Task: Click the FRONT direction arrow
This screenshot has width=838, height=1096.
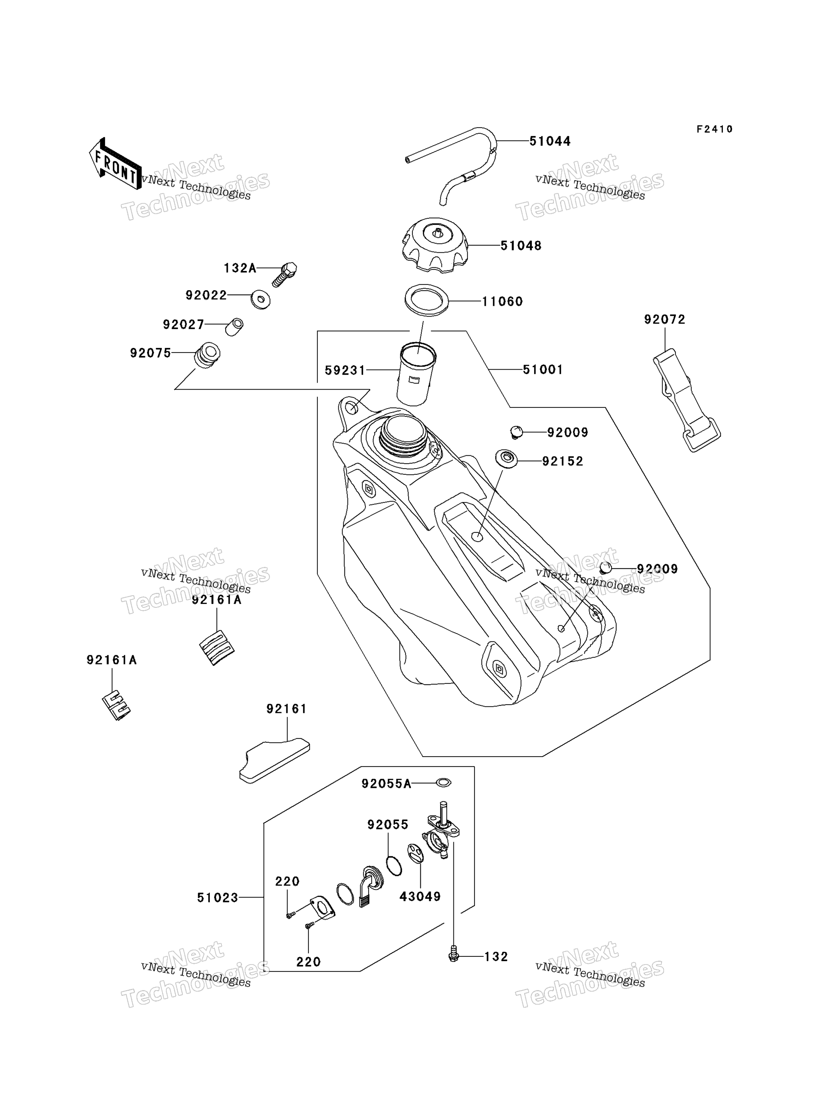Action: pyautogui.click(x=115, y=164)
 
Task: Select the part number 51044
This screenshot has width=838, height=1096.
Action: pyautogui.click(x=550, y=141)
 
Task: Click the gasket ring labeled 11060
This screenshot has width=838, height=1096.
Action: pyautogui.click(x=427, y=300)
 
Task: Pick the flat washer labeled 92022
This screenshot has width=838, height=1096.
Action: pyautogui.click(x=260, y=299)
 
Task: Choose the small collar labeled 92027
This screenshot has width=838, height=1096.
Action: pyautogui.click(x=234, y=327)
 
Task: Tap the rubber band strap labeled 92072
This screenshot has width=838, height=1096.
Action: pyautogui.click(x=686, y=400)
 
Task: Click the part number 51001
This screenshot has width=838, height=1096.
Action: pyautogui.click(x=543, y=370)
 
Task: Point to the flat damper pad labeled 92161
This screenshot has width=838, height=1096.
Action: pyautogui.click(x=274, y=761)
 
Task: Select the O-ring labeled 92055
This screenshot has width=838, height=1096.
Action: pyautogui.click(x=393, y=865)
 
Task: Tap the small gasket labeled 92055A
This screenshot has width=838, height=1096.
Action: pyautogui.click(x=443, y=783)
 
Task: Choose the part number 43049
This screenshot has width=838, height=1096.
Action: pyautogui.click(x=420, y=896)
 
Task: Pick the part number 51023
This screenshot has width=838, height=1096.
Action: pyautogui.click(x=218, y=898)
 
